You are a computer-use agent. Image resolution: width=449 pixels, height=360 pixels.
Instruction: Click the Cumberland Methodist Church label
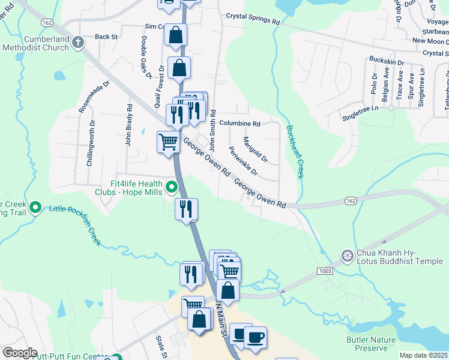[x=36, y=43]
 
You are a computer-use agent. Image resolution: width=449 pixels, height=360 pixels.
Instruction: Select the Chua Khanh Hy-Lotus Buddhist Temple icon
[x=347, y=256]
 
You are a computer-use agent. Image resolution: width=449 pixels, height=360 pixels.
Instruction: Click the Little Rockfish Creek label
[x=74, y=226]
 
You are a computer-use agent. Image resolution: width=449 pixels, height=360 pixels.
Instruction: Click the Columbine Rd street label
[x=240, y=124]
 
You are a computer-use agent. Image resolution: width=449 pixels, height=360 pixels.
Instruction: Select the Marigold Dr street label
[x=255, y=151]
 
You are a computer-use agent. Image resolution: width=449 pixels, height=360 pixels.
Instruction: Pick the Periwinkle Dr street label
[x=243, y=162]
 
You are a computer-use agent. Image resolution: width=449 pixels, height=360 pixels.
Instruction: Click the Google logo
[x=20, y=353]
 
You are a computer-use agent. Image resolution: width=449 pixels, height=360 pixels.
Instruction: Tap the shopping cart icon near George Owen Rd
[x=168, y=143]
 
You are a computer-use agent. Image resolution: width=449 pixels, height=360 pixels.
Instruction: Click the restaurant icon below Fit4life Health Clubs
[x=186, y=209]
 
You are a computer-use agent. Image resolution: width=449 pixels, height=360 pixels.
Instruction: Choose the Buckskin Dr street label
[x=387, y=62]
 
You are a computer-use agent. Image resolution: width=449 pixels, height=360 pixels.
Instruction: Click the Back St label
[x=106, y=37]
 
